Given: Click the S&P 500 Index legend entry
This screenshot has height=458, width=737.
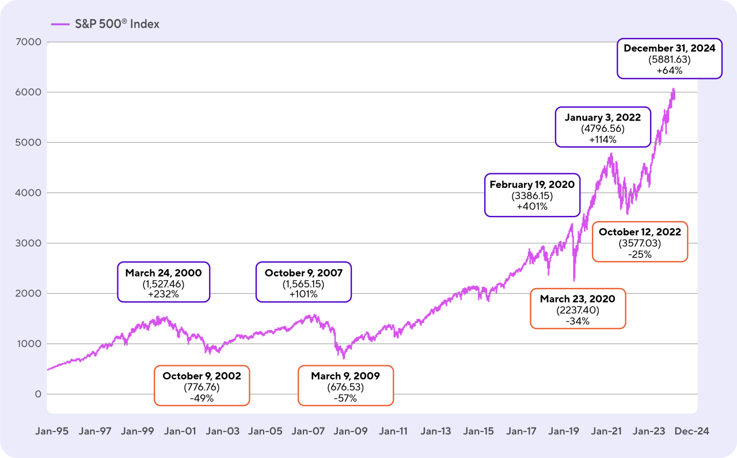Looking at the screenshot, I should pos(105,24).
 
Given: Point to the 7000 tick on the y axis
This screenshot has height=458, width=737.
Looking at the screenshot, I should pos(29,42).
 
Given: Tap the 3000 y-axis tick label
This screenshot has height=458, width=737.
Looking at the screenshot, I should pos(29,243).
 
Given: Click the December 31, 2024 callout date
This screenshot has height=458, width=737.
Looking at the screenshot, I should pos(669,48).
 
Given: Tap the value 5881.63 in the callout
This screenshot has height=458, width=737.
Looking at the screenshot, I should pos(669,59).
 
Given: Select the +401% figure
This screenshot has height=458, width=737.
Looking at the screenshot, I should pos(531,206).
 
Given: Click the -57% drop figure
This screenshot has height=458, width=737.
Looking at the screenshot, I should pos(345,398).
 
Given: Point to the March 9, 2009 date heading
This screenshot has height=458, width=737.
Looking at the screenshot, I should pos(345,376).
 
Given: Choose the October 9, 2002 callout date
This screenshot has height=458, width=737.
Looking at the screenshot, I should pos(202,376).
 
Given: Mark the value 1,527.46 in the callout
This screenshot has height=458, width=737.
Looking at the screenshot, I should pos(164,283).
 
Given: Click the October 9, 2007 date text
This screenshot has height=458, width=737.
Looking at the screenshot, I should pos(303,272).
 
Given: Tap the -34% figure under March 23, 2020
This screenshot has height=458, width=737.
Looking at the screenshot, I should pos(578,321).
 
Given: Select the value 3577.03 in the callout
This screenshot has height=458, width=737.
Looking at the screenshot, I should pos(640,243).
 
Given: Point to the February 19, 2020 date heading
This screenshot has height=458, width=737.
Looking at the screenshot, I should pos(531,184).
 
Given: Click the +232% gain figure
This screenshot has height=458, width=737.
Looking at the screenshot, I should pos(164,294).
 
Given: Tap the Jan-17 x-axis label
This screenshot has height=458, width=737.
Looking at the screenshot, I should pos(522,431).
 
